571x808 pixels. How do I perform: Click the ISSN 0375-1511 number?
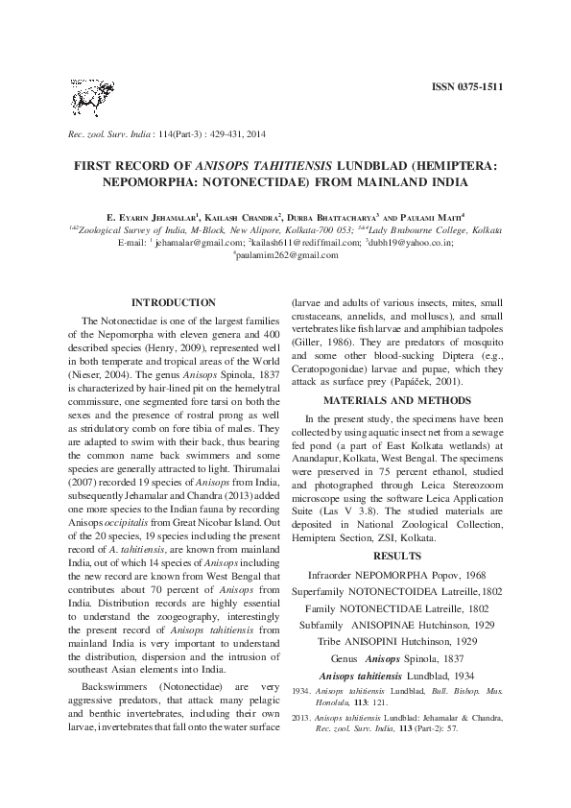coord(467,87)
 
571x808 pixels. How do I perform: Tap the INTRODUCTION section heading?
coord(173,302)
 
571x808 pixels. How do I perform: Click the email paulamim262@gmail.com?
coord(286,255)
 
